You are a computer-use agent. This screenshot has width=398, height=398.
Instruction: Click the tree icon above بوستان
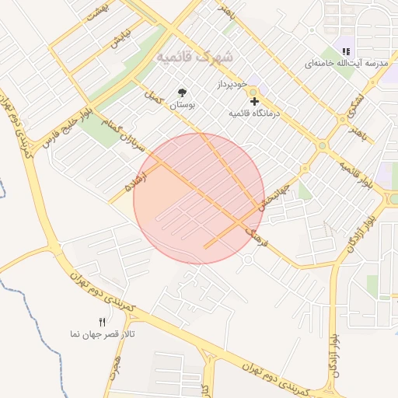point(183,92)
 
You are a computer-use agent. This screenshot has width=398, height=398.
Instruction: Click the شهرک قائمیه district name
point(194,58)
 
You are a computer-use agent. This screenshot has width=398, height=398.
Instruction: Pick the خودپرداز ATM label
point(232,82)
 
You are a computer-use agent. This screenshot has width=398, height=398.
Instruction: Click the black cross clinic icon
point(253,101)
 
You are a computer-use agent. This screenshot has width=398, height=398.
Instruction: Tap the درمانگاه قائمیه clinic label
point(253,113)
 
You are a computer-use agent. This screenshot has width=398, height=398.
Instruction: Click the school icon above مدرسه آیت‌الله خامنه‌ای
point(345,51)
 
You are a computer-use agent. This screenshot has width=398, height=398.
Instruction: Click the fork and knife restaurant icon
point(102,322)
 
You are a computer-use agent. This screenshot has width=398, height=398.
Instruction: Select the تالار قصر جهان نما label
point(102,333)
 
